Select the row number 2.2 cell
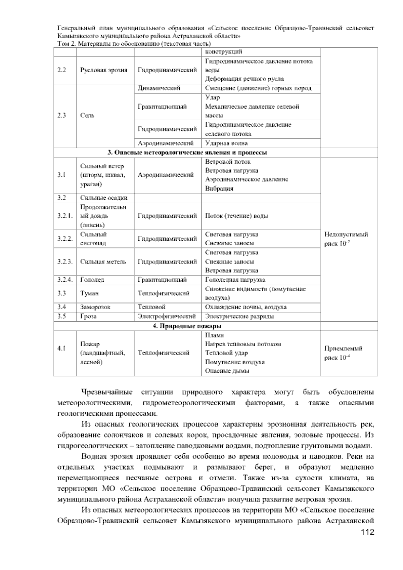[61, 70]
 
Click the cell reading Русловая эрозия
[103, 70]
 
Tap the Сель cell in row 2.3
[87, 115]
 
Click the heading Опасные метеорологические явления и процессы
[187, 153]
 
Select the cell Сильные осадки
[103, 198]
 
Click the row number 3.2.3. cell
[65, 261]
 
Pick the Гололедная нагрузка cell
[235, 280]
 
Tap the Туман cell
[89, 293]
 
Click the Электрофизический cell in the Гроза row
[167, 316]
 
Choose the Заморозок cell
[95, 307]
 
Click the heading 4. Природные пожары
[187, 326]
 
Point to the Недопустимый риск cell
[346, 239]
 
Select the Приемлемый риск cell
[343, 353]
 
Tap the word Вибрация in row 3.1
[219, 189]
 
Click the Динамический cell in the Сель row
[159, 88]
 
